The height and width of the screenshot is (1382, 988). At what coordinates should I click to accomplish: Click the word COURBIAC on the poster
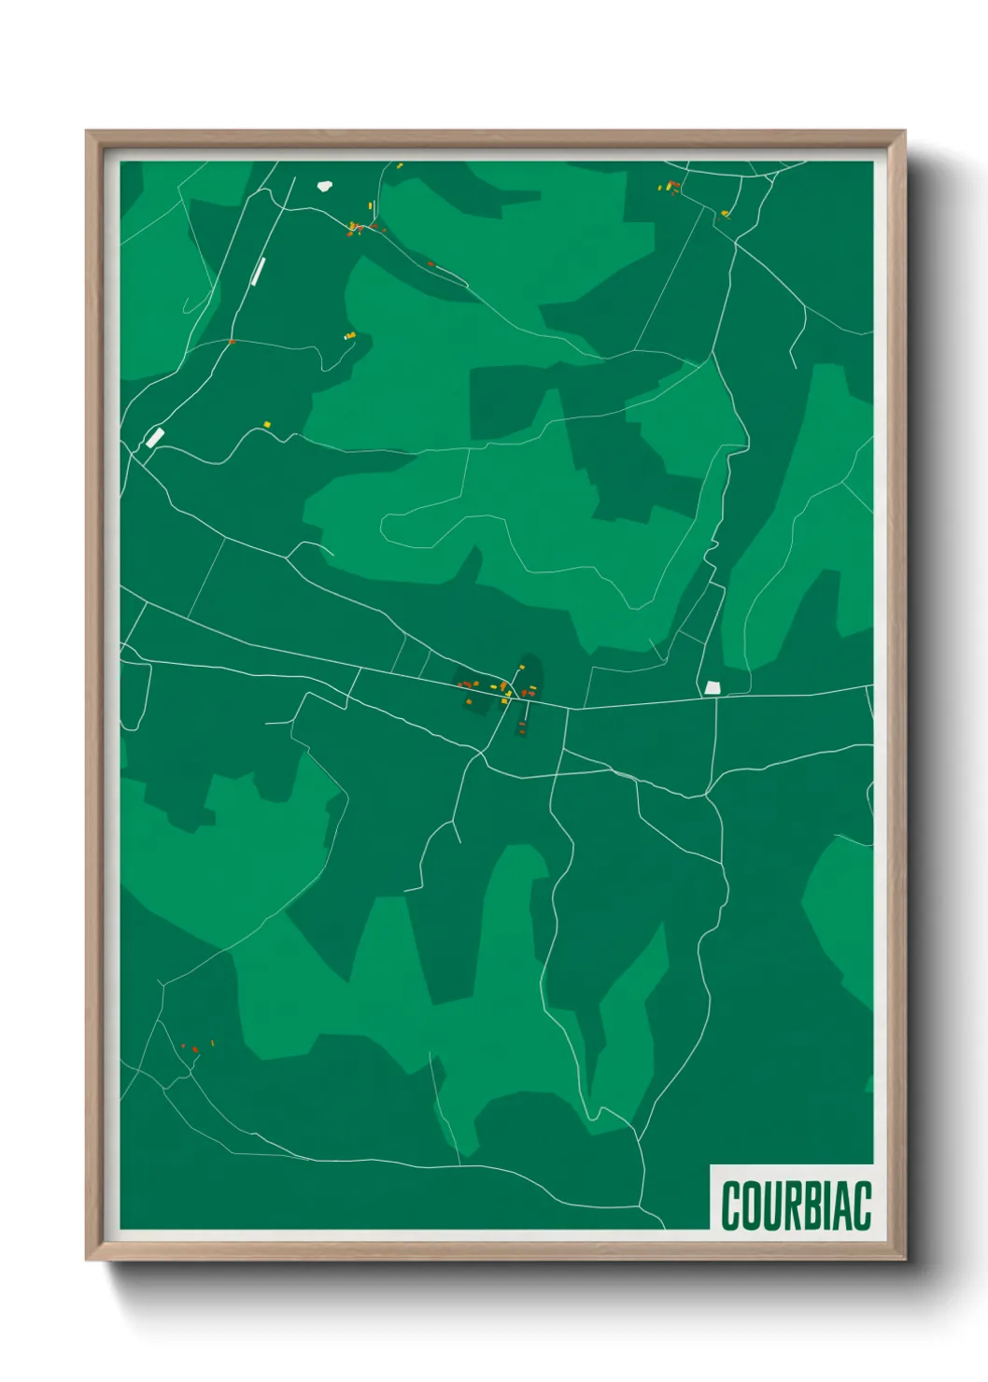[x=796, y=1206]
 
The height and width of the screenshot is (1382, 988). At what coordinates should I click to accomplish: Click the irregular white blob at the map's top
[x=325, y=185]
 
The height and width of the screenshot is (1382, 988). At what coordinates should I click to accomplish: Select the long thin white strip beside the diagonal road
[x=259, y=271]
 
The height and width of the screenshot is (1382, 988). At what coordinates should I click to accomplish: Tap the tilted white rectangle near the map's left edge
[x=154, y=437]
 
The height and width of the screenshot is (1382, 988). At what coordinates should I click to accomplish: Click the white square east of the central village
[x=713, y=687]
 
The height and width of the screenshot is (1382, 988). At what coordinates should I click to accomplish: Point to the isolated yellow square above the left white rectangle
[x=266, y=424]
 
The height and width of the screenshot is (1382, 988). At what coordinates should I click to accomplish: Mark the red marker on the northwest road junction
[x=232, y=342]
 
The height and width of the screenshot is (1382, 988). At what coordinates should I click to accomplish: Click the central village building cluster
[x=495, y=690]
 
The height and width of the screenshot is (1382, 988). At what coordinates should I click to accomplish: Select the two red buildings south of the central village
[x=522, y=727]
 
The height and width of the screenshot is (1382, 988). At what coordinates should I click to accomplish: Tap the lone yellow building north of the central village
[x=521, y=668]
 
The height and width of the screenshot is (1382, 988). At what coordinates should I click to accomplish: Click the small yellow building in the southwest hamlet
[x=212, y=1042]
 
